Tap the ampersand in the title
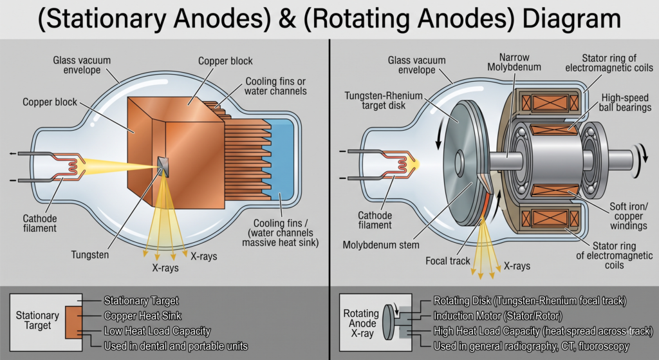[x=287, y=19]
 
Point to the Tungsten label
[x=90, y=255]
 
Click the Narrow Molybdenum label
[x=514, y=62]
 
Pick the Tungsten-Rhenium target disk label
[x=384, y=100]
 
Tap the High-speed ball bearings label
[x=624, y=102]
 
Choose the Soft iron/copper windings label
[x=628, y=216]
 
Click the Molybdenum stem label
[x=381, y=245]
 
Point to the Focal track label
[x=448, y=261]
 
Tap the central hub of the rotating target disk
[x=458, y=160]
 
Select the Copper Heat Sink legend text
[x=142, y=316]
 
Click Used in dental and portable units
[x=176, y=346]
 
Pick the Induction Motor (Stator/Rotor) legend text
[x=497, y=316]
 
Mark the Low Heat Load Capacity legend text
[x=157, y=331]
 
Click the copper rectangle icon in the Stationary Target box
[x=74, y=322]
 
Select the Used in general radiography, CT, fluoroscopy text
[x=531, y=346]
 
